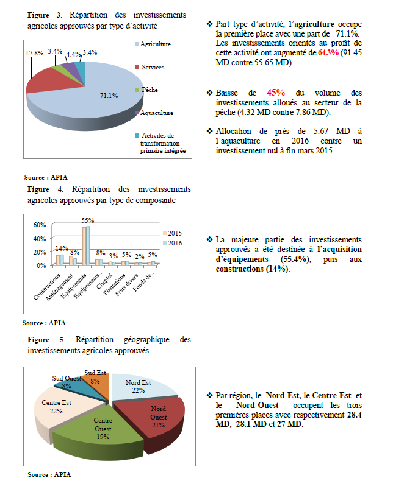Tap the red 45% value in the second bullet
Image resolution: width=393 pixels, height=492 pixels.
(275, 93)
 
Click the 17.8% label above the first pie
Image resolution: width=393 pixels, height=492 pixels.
(34, 53)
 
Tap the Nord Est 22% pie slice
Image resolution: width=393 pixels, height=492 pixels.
(139, 386)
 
